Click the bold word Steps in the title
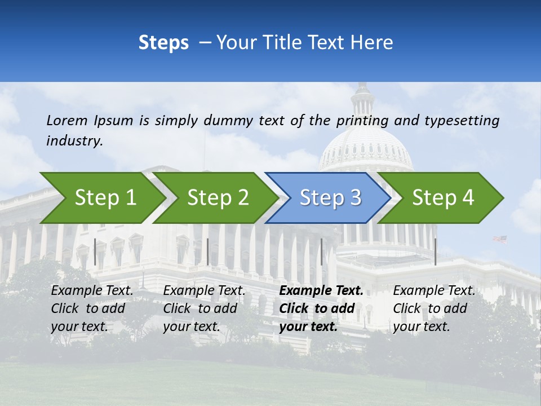[x=163, y=43]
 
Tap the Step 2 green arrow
[x=216, y=198]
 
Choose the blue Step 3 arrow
[x=329, y=198]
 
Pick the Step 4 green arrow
[x=442, y=198]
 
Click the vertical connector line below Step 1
[x=95, y=251]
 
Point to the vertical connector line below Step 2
[x=208, y=251]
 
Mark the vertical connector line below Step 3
[x=322, y=251]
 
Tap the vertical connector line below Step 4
[x=435, y=251]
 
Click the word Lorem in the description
[x=67, y=120]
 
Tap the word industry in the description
[x=74, y=141]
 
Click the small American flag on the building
[x=500, y=239]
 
